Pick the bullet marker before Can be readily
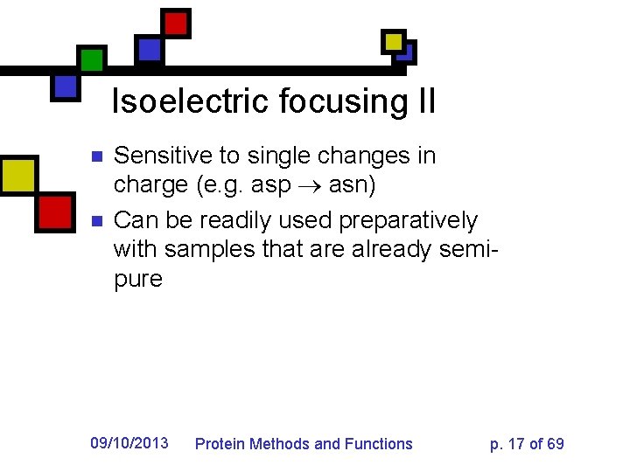coord(97,220)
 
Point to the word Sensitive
coord(164,156)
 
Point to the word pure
coord(138,281)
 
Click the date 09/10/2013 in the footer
coord(129,443)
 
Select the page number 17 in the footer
coord(516,444)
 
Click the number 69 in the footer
coord(555,444)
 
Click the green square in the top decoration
coord(91,59)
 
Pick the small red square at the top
coord(176,23)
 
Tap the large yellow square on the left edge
coord(17,176)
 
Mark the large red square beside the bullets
coord(55,212)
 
